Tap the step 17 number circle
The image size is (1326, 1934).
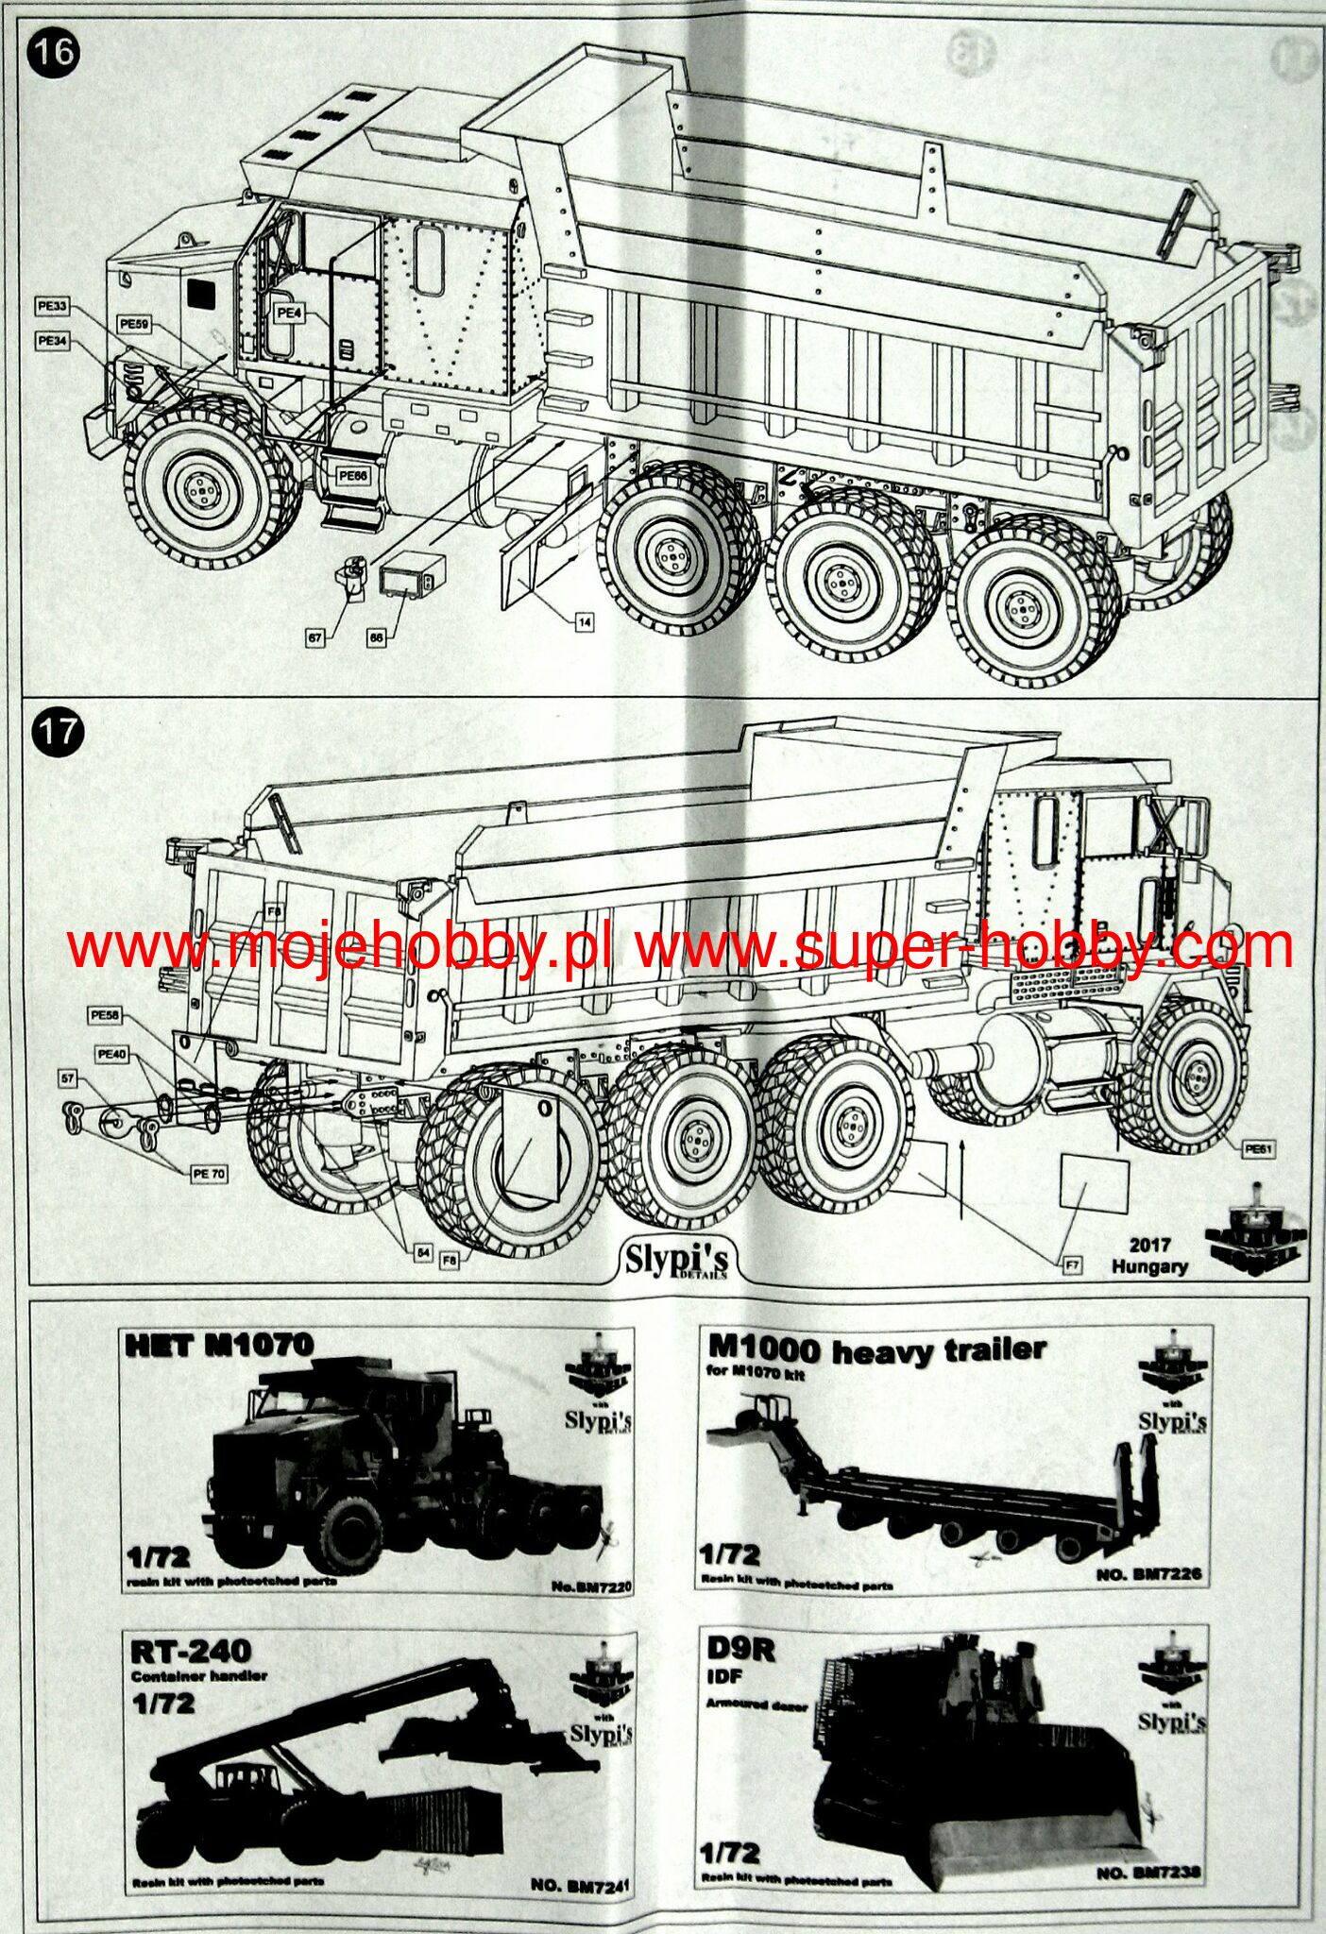pos(55,732)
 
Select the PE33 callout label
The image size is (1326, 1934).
pos(52,306)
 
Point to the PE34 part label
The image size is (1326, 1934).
pos(52,340)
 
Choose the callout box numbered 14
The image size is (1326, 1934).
pos(585,622)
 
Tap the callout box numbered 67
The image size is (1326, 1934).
pos(315,638)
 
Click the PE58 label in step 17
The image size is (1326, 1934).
pos(104,1016)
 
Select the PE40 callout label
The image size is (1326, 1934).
pos(110,1053)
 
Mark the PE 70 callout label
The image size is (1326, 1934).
pos(208,1174)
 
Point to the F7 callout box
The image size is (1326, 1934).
pos(1072,1265)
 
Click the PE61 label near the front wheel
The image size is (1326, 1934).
pos(1260,1149)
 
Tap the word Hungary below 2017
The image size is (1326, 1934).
pos(1148,1266)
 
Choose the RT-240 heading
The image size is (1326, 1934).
pos(192,1652)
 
